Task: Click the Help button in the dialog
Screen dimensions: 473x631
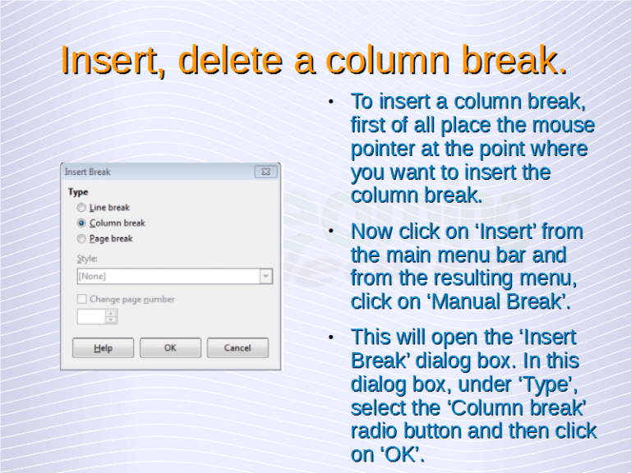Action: (x=103, y=347)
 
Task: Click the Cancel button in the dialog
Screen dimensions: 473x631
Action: (x=237, y=347)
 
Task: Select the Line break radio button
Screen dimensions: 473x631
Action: (x=81, y=208)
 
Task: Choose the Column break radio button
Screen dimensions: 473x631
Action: (x=81, y=223)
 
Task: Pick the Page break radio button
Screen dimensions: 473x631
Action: (x=81, y=239)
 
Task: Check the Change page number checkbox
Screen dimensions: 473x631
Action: (x=81, y=300)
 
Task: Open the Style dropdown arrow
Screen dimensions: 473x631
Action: (x=265, y=277)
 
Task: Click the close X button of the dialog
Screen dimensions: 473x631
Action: (x=265, y=172)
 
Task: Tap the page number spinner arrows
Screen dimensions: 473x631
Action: (x=111, y=316)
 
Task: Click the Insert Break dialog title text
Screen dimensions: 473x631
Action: (x=88, y=172)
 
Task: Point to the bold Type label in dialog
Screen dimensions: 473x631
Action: (x=77, y=192)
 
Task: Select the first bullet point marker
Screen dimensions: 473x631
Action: (x=329, y=103)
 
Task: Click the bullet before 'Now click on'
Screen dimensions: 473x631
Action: (x=329, y=232)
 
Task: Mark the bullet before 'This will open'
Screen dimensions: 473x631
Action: (x=329, y=338)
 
